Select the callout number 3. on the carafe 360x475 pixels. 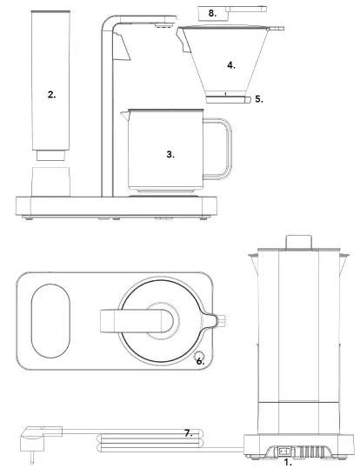click(170, 153)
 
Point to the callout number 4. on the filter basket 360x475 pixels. click(230, 64)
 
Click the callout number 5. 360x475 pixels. click(259, 100)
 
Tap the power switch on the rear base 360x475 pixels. click(284, 450)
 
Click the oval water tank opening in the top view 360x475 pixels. click(50, 322)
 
